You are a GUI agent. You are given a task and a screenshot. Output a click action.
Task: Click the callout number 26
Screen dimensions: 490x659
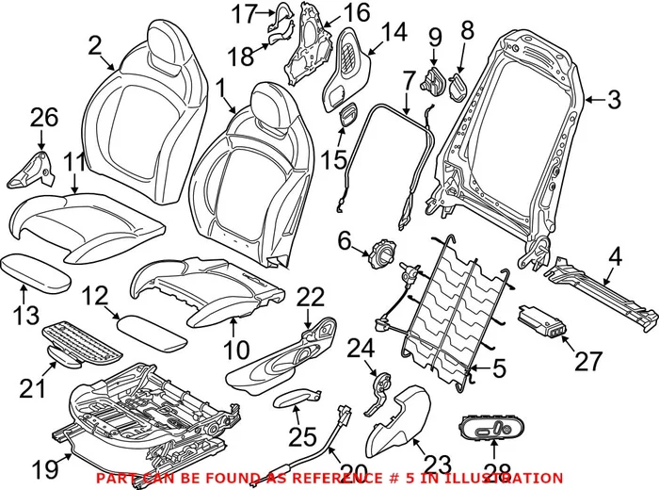pyautogui.click(x=43, y=119)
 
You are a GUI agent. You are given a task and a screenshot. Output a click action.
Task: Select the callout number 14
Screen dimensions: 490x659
pyautogui.click(x=394, y=32)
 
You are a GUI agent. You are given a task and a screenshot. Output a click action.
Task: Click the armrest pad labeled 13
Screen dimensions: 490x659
pyautogui.click(x=36, y=272)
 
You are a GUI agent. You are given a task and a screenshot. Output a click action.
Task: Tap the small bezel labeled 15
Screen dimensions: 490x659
pyautogui.click(x=346, y=116)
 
